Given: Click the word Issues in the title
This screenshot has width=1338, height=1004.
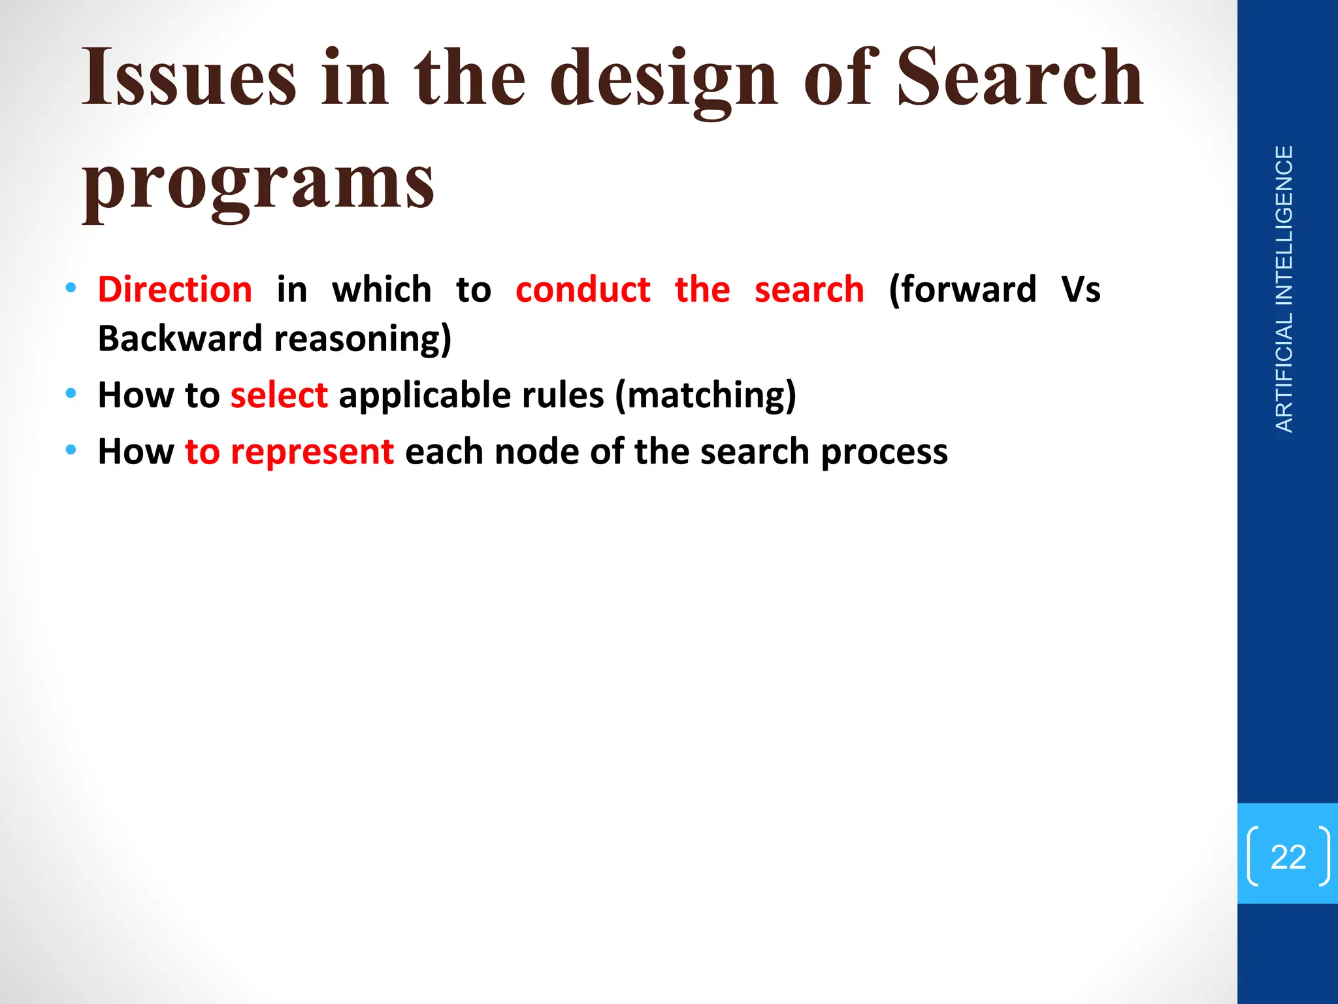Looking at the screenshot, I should [x=189, y=78].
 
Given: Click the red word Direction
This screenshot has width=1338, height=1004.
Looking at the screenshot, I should [x=175, y=290].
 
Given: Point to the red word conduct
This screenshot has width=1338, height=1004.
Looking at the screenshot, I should [x=583, y=290].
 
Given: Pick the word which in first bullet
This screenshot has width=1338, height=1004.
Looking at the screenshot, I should [x=382, y=290].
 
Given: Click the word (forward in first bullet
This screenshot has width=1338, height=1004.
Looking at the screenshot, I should [x=962, y=290].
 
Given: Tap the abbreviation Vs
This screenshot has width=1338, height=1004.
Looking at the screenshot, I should [x=1081, y=290].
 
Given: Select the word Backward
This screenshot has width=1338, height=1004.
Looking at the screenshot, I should [x=180, y=339].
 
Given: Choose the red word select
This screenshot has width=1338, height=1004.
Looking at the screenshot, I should [x=279, y=395].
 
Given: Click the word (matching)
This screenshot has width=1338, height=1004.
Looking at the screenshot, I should [x=706, y=396].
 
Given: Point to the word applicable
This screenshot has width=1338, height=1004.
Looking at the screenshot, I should [x=425, y=396].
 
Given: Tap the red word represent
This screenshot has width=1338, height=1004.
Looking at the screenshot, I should [x=312, y=452].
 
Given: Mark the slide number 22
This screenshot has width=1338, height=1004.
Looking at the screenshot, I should [x=1288, y=857].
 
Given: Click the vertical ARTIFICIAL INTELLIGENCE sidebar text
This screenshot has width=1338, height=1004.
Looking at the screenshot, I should [x=1284, y=289].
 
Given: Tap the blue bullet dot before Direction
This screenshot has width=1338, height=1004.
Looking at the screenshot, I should [x=71, y=288].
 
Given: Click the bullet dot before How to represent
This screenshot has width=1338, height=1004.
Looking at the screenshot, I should [x=71, y=450].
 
